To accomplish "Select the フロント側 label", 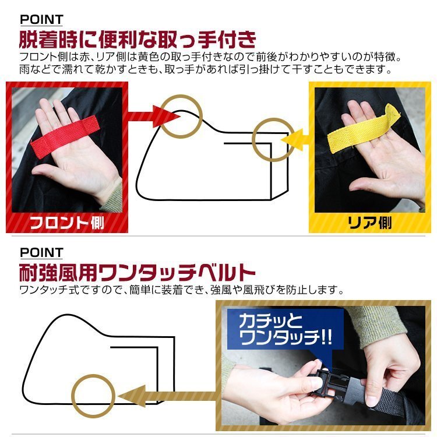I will coord(66,222).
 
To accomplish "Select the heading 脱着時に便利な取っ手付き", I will coord(138,41).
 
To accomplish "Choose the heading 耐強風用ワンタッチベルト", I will coord(138,272).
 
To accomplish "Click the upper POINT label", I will coord(41,20).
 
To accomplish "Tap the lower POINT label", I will coord(41,252).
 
